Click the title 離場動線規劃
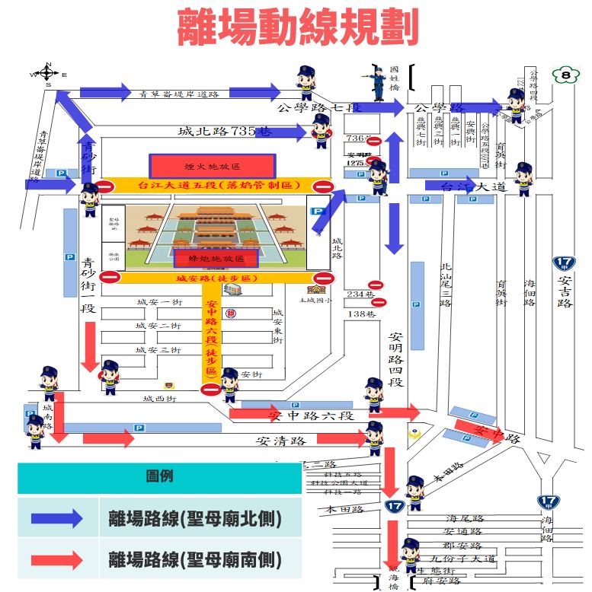(x=298, y=29)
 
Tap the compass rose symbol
(x=46, y=74)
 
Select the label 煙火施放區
(x=212, y=165)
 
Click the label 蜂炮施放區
(x=215, y=259)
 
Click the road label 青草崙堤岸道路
(x=180, y=94)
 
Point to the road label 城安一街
(x=159, y=303)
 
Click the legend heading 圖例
(x=159, y=477)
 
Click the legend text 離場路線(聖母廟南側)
(x=195, y=561)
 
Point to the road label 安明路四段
(x=395, y=357)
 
